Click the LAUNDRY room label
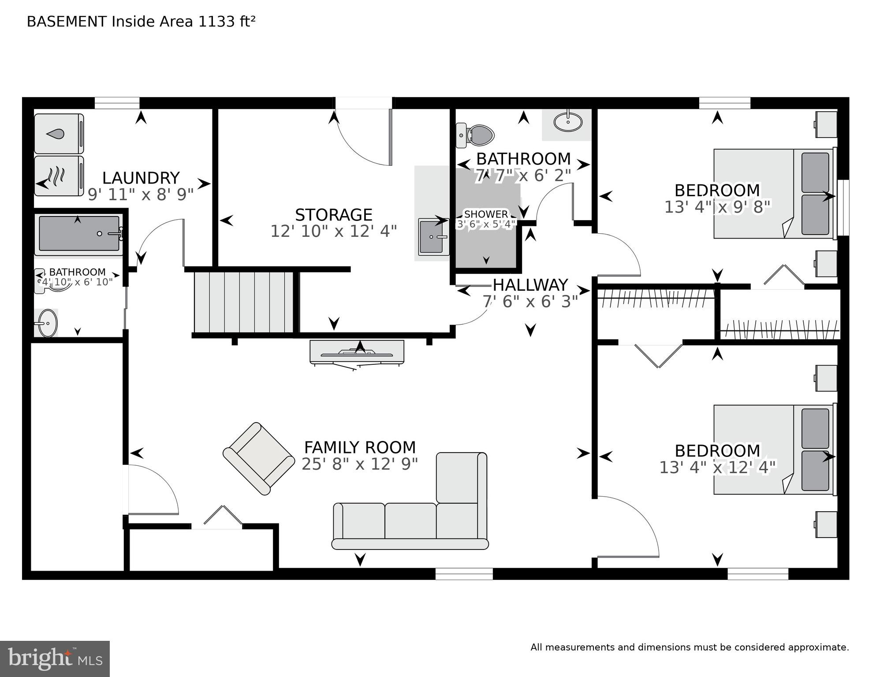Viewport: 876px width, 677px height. point(141,178)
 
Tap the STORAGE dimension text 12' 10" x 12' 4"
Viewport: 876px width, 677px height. point(333,231)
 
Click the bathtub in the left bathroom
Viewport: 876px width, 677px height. point(78,234)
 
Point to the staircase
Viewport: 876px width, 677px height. point(244,302)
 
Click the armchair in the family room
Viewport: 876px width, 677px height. point(259,459)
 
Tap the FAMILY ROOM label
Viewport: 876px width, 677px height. point(360,448)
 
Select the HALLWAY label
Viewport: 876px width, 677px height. point(530,285)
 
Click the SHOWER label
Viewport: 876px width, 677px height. point(485,214)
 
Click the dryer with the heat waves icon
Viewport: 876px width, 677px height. point(59,176)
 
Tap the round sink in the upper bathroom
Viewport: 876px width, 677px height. point(567,122)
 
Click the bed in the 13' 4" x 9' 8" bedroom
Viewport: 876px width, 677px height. point(774,194)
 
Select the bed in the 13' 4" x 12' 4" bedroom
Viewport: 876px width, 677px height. point(774,449)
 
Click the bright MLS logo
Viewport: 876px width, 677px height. point(55,658)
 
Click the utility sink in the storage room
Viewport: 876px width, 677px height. point(432,237)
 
